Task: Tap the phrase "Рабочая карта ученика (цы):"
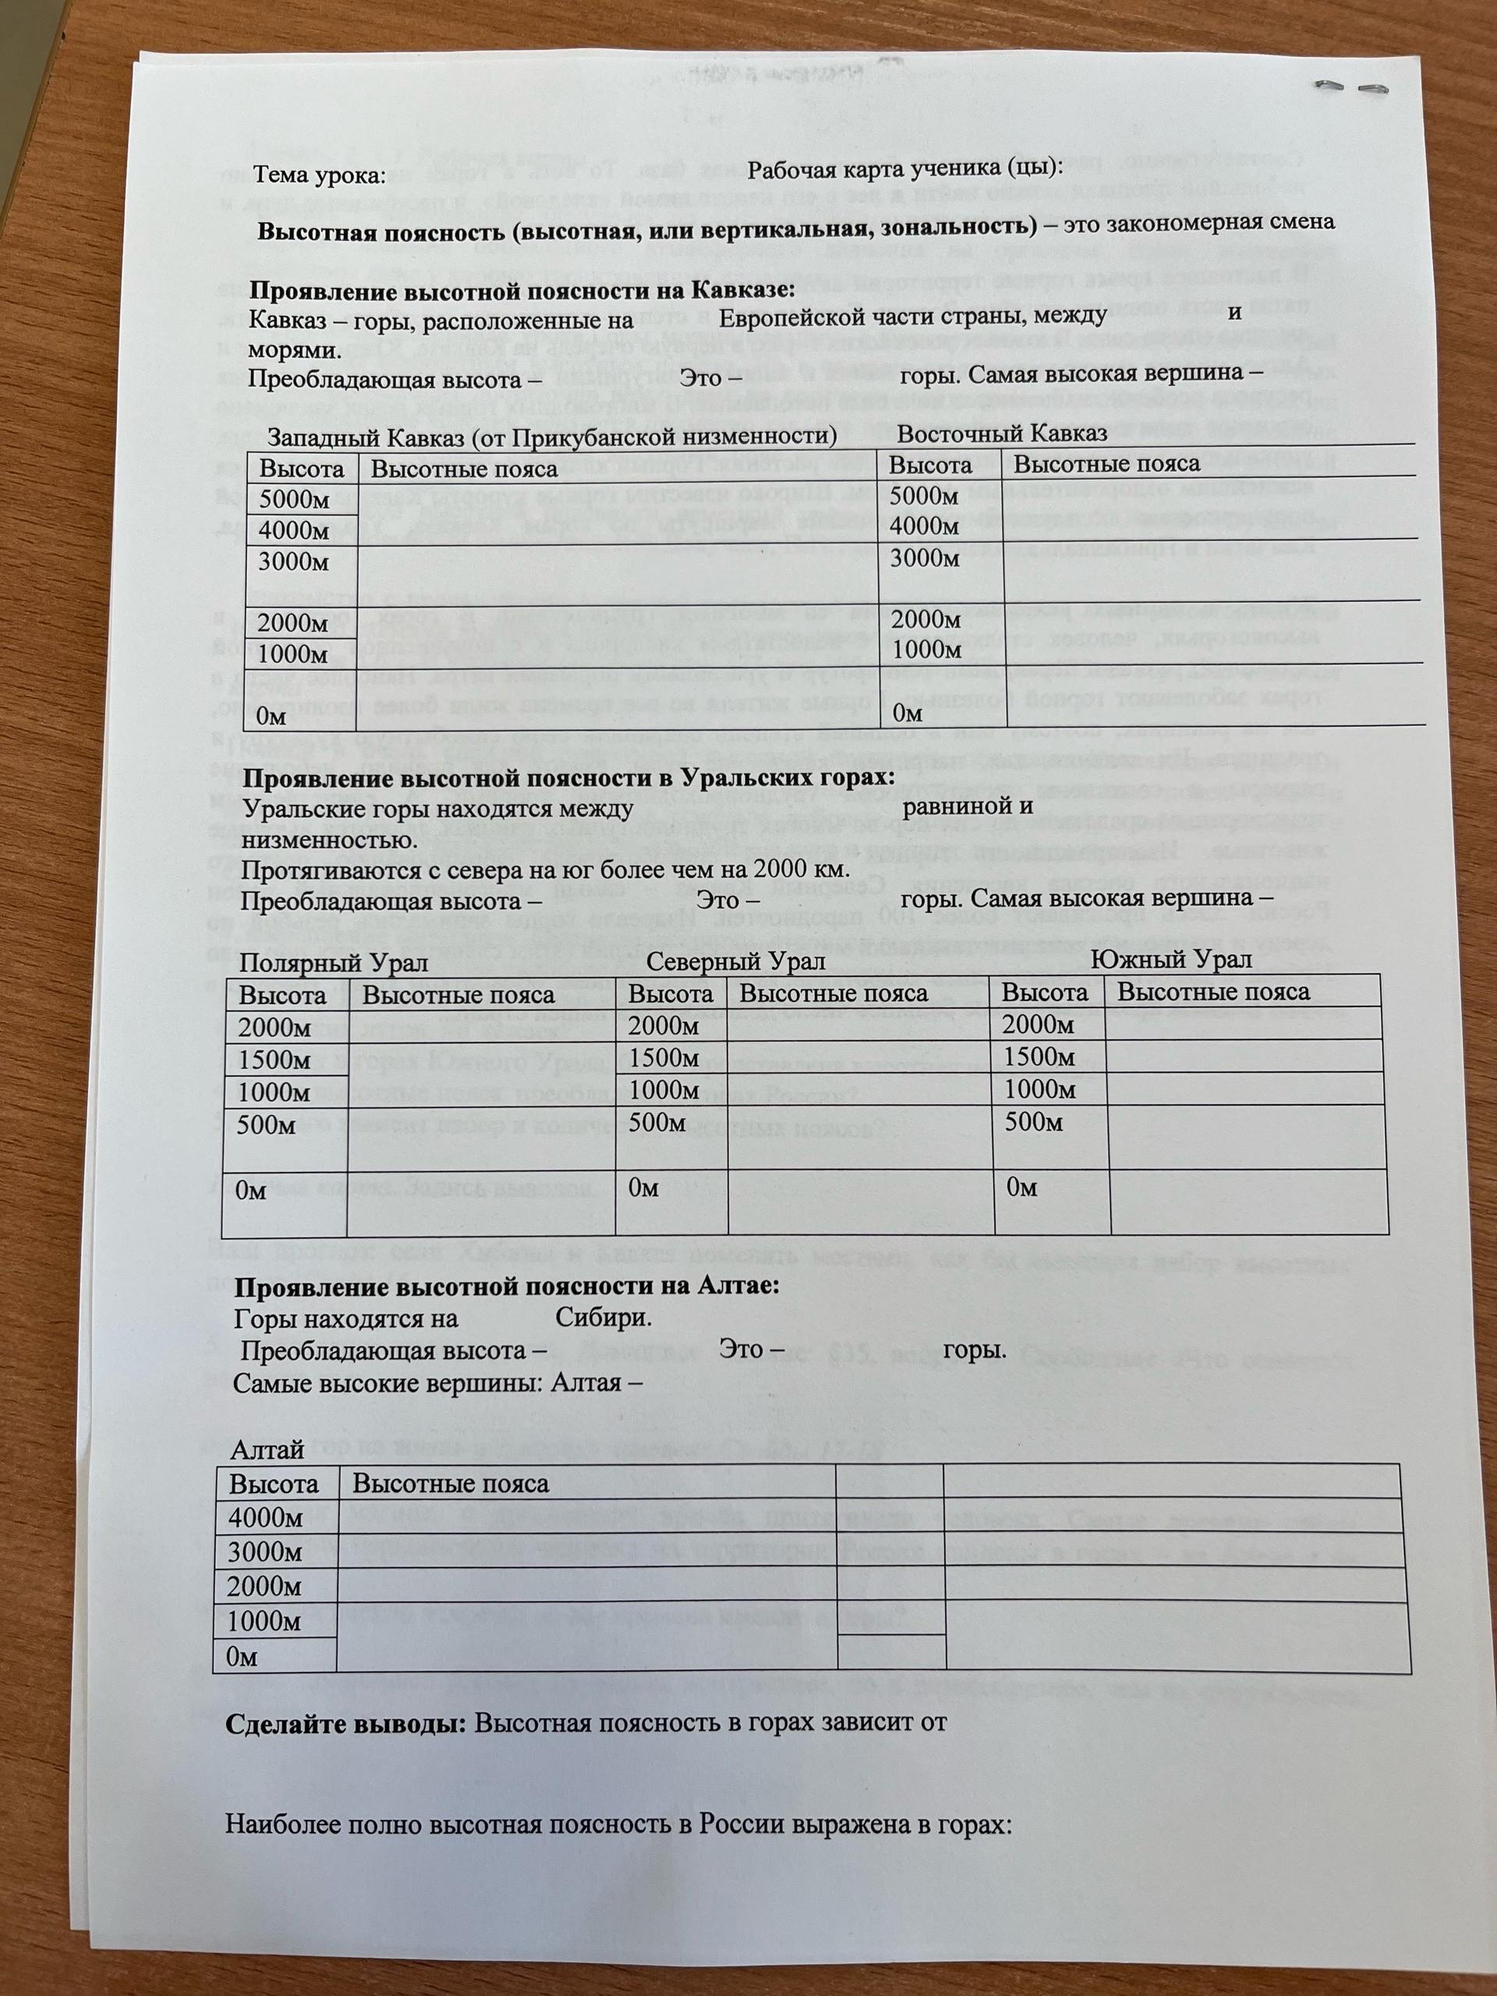(906, 168)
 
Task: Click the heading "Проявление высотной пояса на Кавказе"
(522, 291)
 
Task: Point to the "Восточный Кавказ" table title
(1002, 434)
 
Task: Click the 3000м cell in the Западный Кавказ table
(294, 562)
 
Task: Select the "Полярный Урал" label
(320, 963)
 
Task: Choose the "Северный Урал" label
(736, 961)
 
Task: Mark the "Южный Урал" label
(1171, 958)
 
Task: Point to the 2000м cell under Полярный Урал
(274, 1028)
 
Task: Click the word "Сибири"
(603, 1318)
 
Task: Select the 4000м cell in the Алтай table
(265, 1518)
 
